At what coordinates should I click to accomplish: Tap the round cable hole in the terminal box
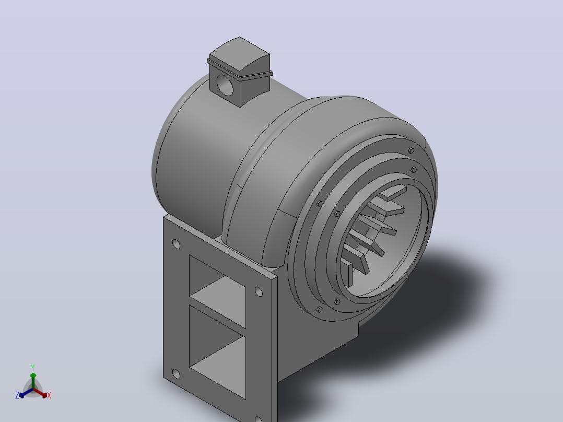[225, 85]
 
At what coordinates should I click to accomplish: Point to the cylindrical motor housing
[201, 151]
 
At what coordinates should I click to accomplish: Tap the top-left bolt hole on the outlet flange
[177, 244]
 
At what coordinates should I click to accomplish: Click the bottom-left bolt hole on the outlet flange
[176, 374]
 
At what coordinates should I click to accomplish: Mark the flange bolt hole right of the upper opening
[259, 291]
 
